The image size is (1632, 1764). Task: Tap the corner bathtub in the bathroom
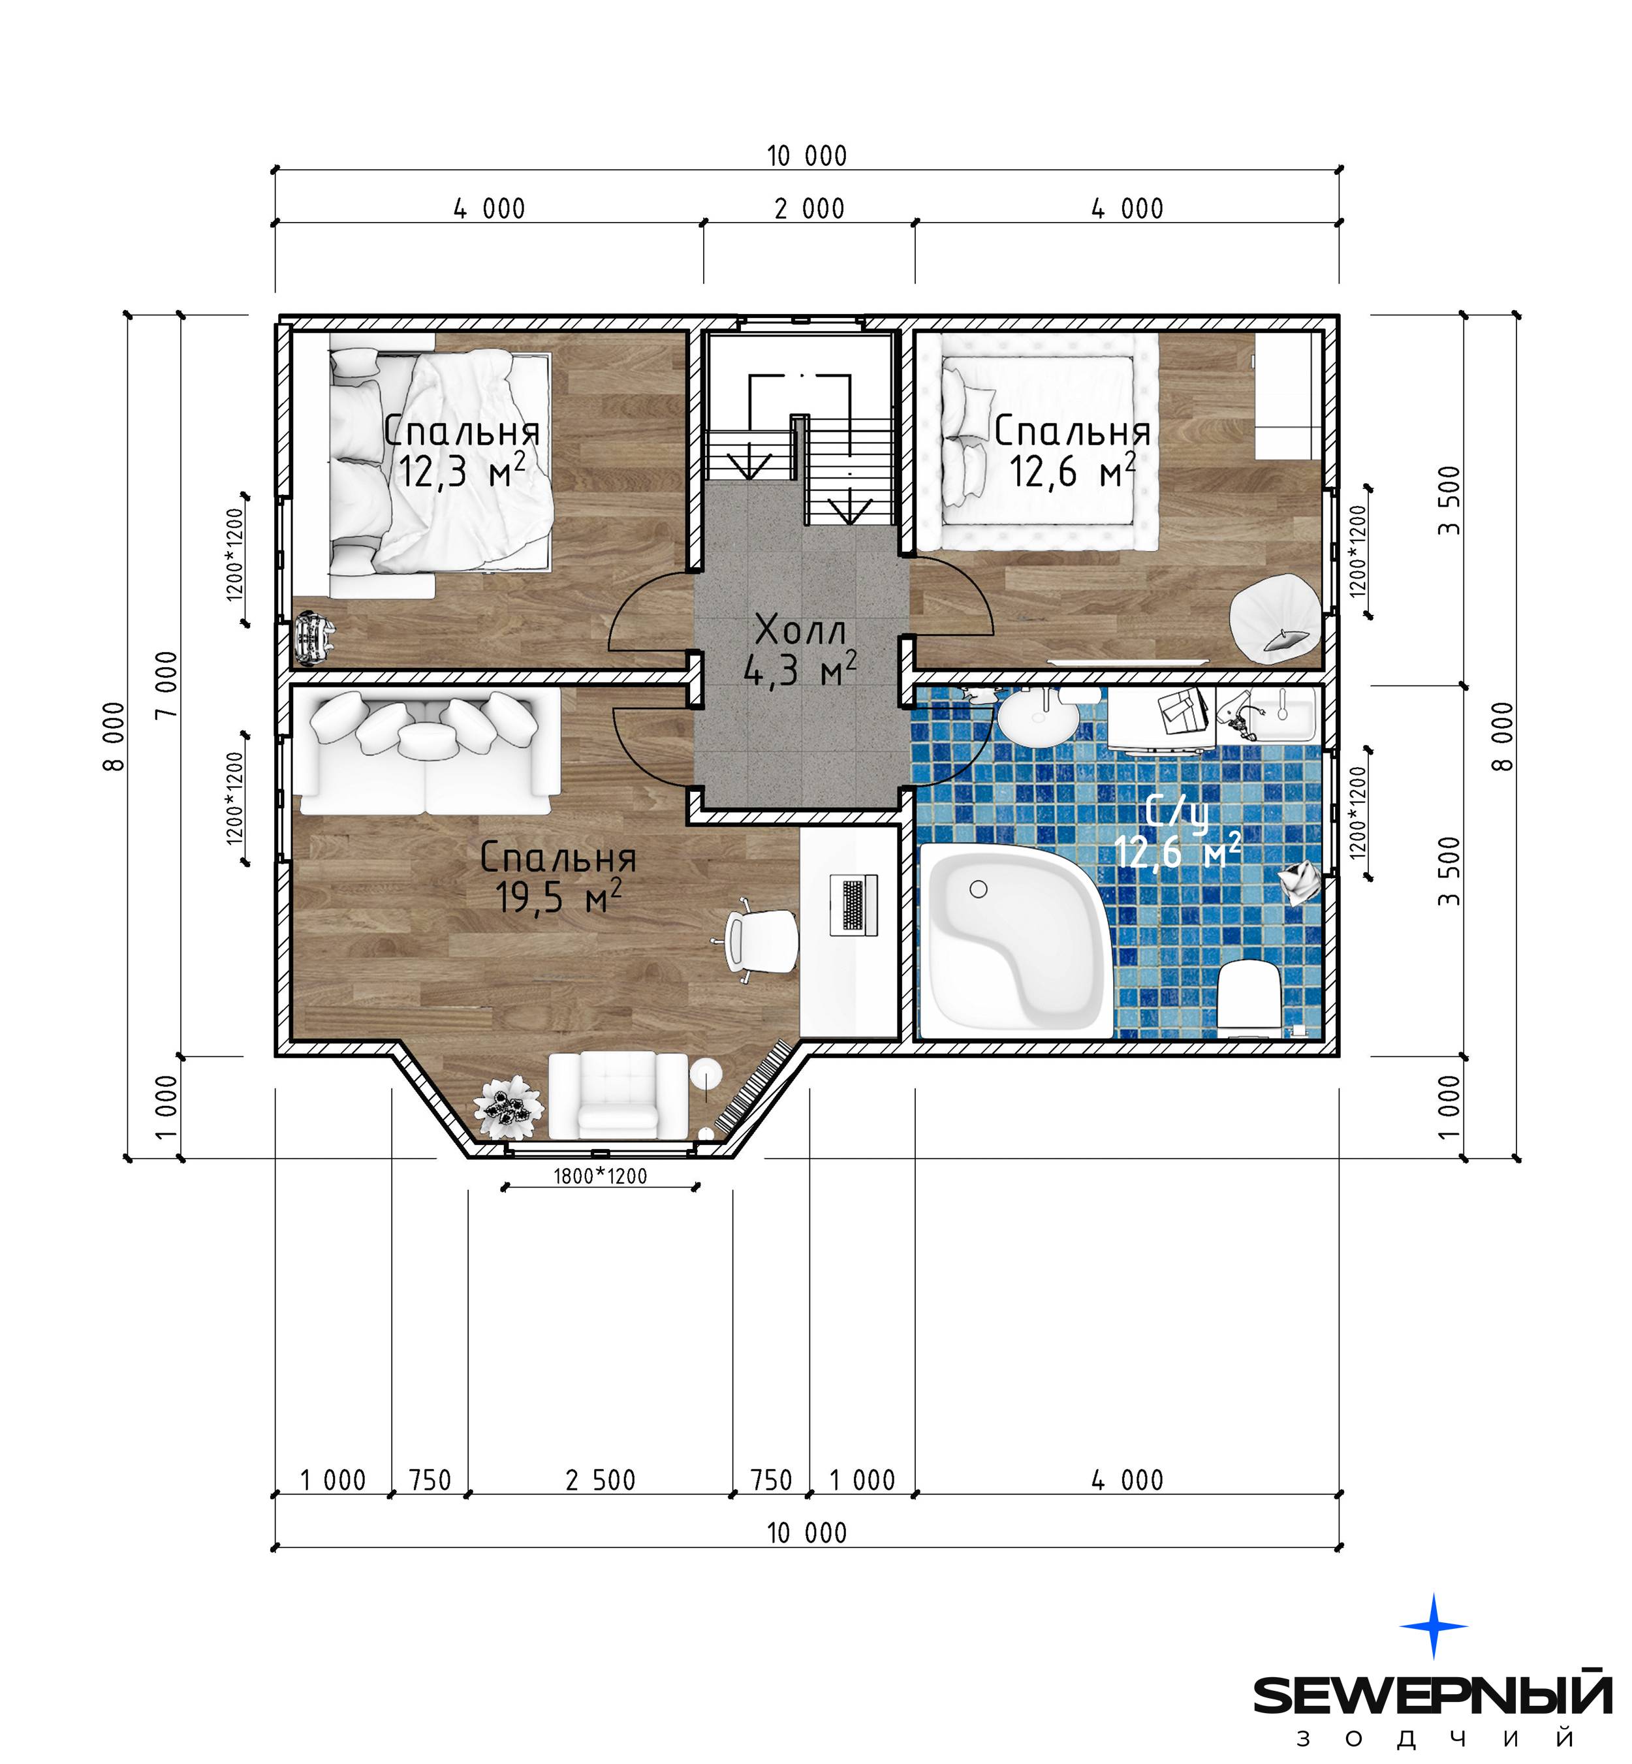coord(1016,941)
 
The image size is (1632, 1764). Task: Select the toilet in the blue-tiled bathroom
coord(1249,998)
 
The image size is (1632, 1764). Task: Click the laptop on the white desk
coord(853,905)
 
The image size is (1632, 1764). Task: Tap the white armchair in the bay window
coord(618,1095)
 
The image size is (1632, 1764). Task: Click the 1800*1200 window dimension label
coord(601,1176)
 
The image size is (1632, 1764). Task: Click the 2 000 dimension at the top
coord(810,210)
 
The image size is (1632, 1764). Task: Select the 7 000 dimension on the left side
coord(166,685)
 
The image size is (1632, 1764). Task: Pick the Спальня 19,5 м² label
coord(558,877)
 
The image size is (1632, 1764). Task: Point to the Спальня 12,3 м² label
coord(462,451)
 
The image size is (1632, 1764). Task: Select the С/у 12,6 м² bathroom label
coord(1178,831)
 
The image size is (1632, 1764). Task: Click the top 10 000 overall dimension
coord(807,156)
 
